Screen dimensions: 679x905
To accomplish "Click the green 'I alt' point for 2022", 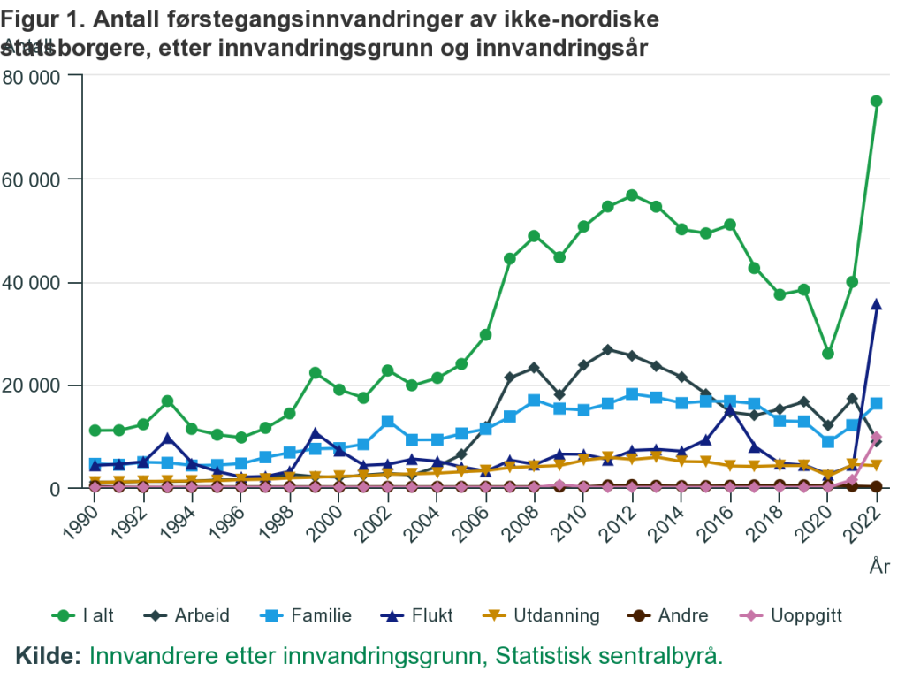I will (x=876, y=101).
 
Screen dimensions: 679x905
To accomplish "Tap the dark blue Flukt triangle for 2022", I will (x=876, y=304).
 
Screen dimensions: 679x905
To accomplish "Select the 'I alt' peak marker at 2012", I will (x=632, y=195).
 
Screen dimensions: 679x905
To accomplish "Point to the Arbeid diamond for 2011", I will (x=607, y=350).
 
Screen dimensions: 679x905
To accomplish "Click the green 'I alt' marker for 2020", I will (x=828, y=354).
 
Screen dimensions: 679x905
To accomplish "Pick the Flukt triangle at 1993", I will (x=168, y=439).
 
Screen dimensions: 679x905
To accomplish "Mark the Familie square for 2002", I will (x=388, y=421).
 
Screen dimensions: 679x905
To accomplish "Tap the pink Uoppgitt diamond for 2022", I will (x=876, y=438).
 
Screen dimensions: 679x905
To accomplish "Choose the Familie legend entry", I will (x=307, y=615).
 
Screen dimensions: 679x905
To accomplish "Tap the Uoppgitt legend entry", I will (x=764, y=615).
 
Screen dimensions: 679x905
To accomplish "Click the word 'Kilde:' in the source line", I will (x=49, y=656).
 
